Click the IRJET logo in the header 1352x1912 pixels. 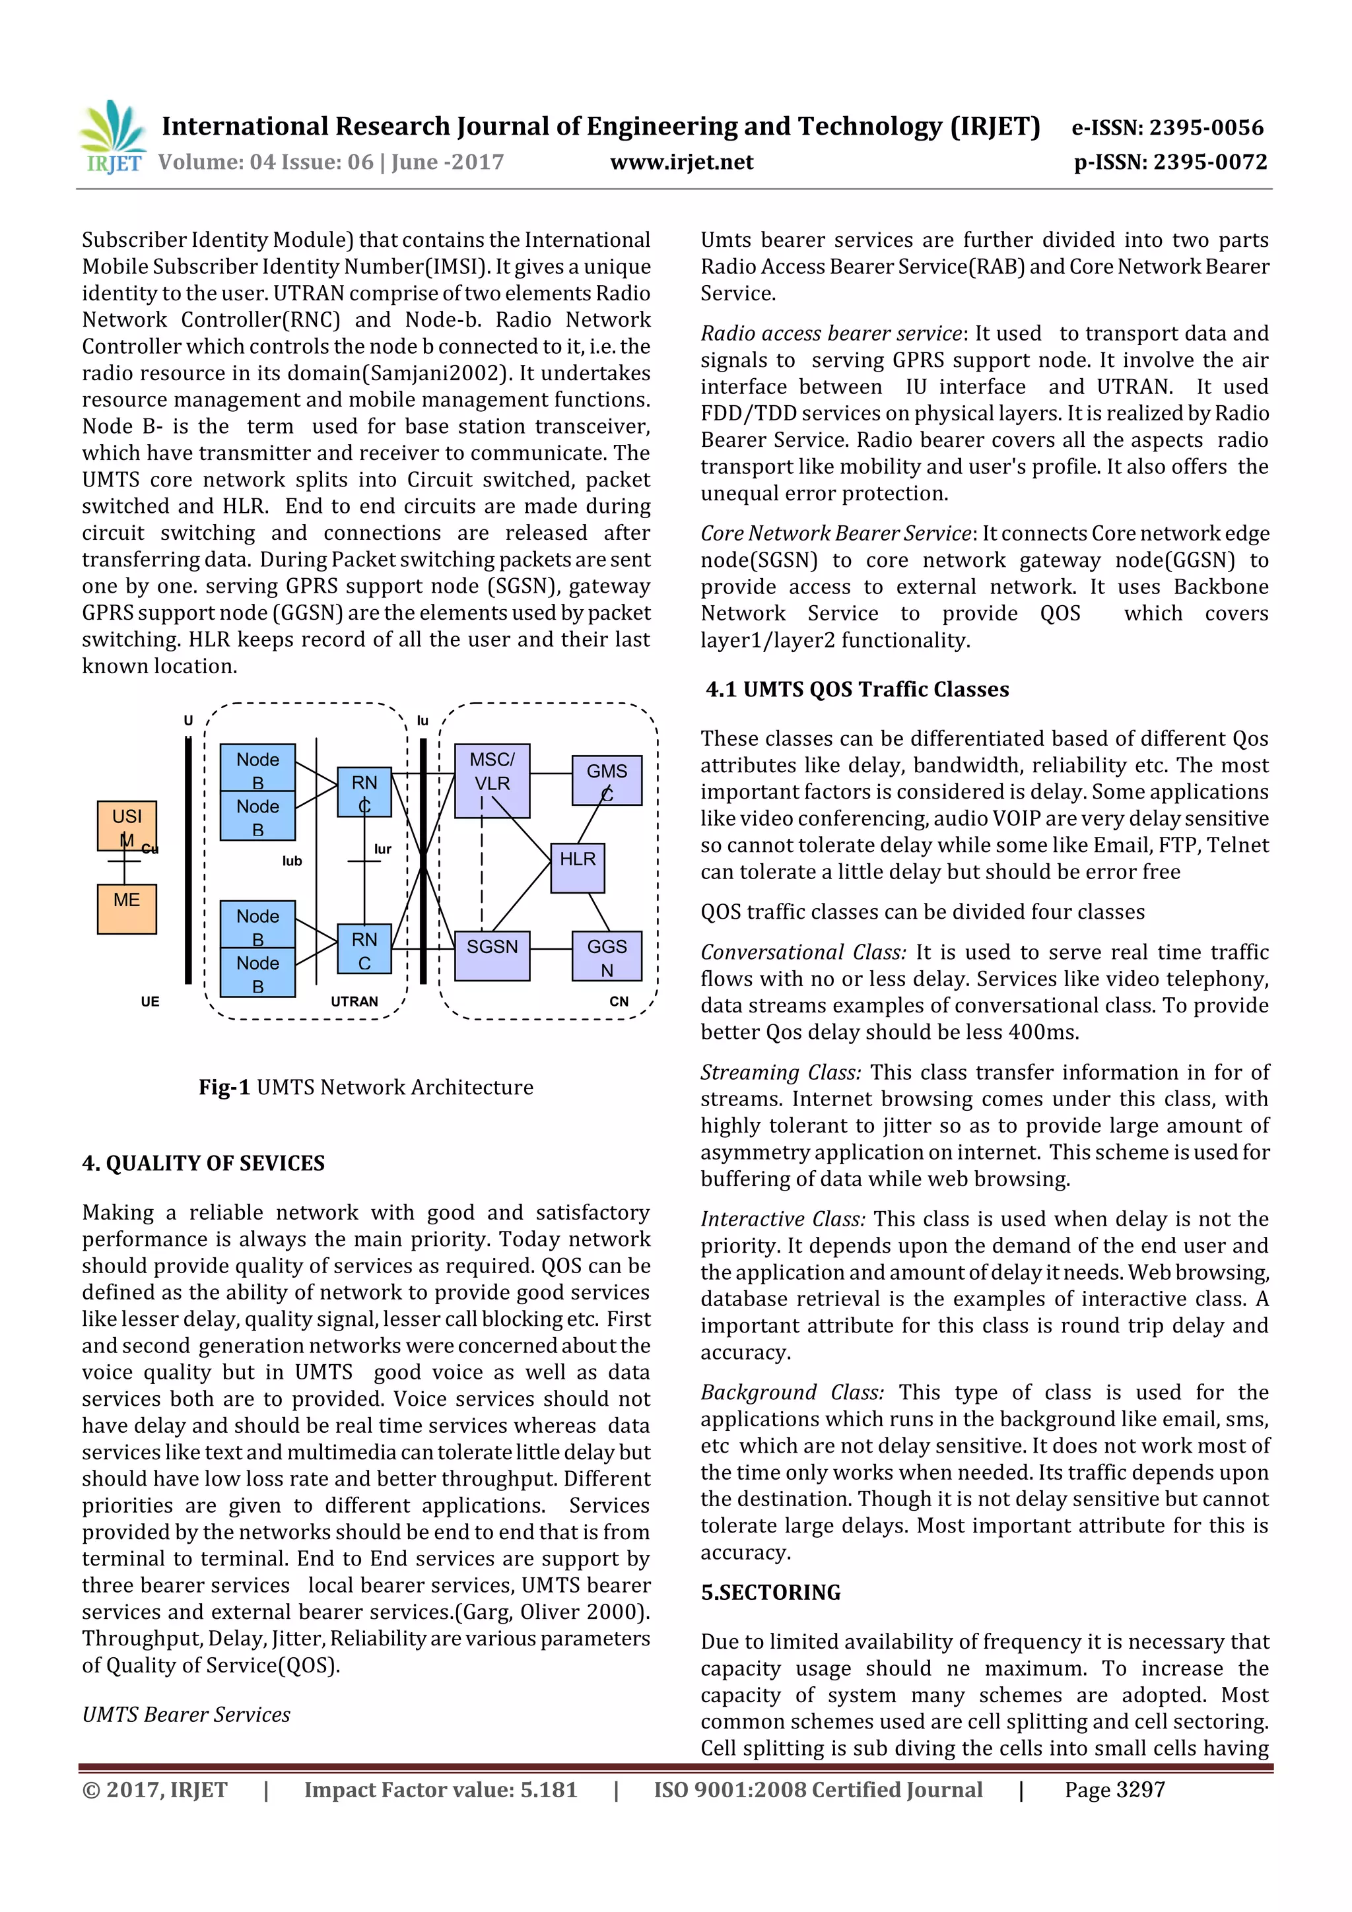click(112, 137)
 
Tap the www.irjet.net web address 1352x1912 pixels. click(681, 162)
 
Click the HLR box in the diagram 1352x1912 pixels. click(577, 867)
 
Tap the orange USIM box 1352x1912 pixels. click(127, 825)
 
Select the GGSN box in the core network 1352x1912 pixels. click(607, 956)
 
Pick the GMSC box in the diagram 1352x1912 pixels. click(607, 780)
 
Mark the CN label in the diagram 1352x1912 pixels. click(619, 1002)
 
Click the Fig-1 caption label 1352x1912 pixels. click(224, 1088)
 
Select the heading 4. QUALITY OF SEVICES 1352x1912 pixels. click(203, 1164)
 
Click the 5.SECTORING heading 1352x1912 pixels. click(770, 1592)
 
